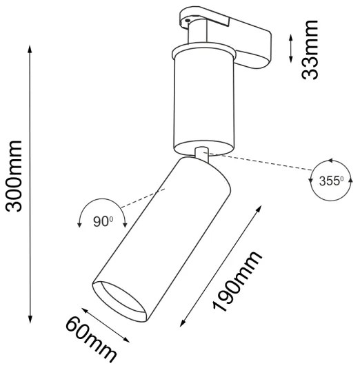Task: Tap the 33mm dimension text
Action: (313, 50)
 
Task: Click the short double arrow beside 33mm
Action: (290, 50)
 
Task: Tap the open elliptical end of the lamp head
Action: (120, 301)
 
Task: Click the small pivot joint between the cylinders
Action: (202, 154)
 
